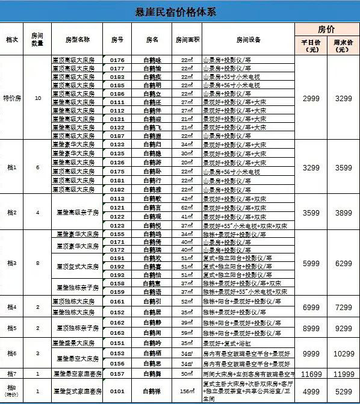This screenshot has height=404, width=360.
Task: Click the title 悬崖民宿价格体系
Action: pos(179,12)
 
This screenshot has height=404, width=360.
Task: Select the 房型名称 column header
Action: pos(77,40)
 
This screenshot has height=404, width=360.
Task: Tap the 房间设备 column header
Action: pos(248,40)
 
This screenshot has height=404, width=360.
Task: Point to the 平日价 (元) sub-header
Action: pos(311,46)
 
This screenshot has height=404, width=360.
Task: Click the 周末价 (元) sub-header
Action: pos(343,46)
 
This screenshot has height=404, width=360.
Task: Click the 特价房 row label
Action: pos(11,98)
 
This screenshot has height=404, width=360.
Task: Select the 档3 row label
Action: pos(11,263)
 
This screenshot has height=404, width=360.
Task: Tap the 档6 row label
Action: pos(11,352)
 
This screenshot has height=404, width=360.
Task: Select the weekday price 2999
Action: pos(311,98)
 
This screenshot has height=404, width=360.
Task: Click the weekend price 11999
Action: pos(343,374)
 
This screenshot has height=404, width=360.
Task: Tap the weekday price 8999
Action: pos(311,328)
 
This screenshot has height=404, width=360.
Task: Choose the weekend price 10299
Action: pos(343,353)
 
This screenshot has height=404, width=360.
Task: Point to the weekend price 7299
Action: pos(343,307)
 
